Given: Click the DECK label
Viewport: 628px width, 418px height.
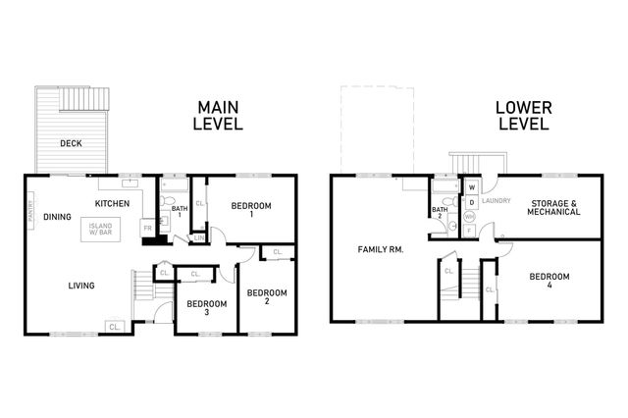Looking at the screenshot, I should tap(71, 143).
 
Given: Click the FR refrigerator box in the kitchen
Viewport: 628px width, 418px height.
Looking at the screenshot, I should tap(147, 227).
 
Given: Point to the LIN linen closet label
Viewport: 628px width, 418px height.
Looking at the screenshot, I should tap(199, 237).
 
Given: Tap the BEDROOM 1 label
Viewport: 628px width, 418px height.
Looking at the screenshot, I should tap(250, 209).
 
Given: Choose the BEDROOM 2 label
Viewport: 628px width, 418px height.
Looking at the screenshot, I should tap(266, 297).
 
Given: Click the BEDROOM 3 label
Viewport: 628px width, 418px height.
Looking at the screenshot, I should tap(206, 307).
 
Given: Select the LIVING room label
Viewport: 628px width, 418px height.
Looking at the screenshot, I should tap(80, 286).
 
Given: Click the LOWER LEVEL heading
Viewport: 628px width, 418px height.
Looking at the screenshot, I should tap(522, 115).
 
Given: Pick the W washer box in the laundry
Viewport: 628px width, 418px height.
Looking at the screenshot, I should tap(472, 186).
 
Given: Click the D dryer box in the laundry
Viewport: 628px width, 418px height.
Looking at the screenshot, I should tap(472, 202).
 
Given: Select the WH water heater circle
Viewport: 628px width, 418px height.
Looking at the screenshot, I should tap(469, 218).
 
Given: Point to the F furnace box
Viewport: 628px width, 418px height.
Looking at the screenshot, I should tap(470, 232).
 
